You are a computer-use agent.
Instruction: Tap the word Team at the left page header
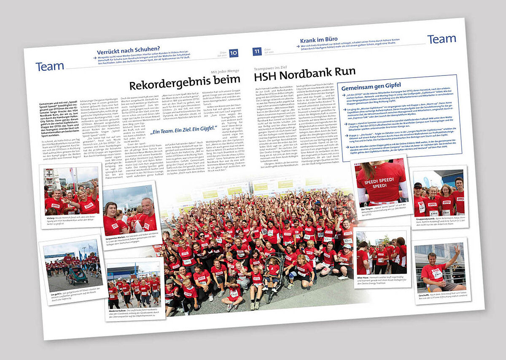(x=50, y=66)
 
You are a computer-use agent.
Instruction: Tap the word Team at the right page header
(x=441, y=39)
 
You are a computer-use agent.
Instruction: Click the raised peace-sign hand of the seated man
(x=458, y=252)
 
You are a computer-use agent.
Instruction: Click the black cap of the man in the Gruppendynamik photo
(x=417, y=185)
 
